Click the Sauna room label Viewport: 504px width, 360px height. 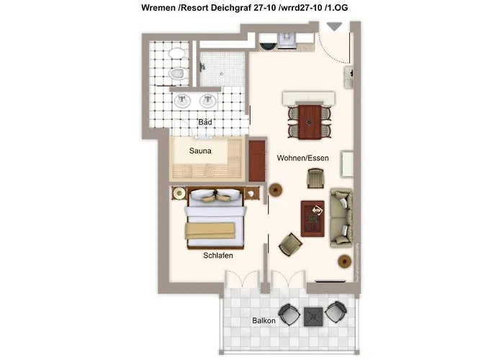200,150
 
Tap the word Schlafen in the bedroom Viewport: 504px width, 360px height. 218,255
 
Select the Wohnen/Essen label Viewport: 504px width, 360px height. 303,158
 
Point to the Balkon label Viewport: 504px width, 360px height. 264,320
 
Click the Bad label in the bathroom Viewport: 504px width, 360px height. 205,122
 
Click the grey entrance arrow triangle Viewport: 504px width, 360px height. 334,27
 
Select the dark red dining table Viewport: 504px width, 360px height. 310,122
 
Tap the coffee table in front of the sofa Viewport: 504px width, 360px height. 312,219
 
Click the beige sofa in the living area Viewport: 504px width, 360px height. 341,218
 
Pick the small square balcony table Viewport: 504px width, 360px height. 313,317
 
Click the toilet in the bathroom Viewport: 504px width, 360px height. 176,74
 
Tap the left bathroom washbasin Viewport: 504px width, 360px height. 183,101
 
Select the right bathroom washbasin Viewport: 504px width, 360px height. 207,101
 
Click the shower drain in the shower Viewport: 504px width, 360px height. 222,73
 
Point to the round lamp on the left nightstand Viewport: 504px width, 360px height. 179,193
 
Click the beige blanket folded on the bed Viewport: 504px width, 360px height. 210,231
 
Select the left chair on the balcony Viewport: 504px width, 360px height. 289,315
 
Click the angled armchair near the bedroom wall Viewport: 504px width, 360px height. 291,244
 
